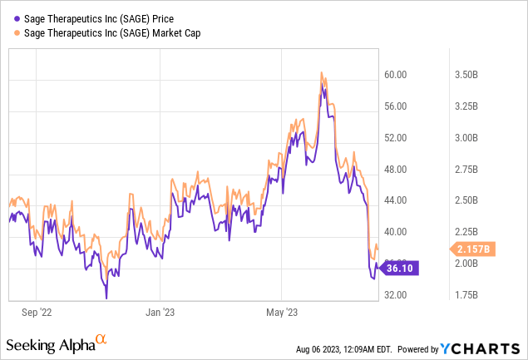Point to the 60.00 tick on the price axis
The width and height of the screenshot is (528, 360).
click(x=395, y=75)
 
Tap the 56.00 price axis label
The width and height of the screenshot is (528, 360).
click(x=395, y=106)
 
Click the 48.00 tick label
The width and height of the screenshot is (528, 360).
click(x=395, y=170)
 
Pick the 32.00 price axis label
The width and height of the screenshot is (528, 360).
click(x=395, y=295)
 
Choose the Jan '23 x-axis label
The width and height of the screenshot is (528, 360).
click(x=159, y=313)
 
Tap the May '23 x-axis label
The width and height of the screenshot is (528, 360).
click(x=280, y=313)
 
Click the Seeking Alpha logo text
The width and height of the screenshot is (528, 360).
click(x=52, y=344)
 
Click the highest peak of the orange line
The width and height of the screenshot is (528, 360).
click(x=321, y=73)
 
